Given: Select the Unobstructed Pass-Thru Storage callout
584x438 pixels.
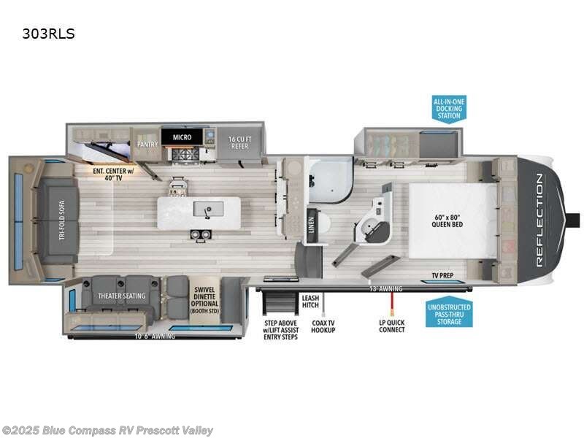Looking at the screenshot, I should [448, 313].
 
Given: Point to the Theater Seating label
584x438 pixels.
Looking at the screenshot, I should [122, 296].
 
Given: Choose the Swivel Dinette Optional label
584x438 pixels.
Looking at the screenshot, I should [202, 299].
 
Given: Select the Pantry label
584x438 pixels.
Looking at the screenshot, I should [147, 145].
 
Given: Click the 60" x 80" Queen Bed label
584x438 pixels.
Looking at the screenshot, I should [447, 220].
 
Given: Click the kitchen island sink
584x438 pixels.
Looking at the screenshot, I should [208, 210].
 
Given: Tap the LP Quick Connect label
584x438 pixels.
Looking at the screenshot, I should [392, 325].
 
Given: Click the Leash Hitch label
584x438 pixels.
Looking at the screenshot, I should [310, 301].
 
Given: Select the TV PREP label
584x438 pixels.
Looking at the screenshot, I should [441, 276].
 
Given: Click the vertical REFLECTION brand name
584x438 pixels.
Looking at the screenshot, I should [541, 219].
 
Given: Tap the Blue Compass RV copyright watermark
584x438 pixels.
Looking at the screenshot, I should [108, 430].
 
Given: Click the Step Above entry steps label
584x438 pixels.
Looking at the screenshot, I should [281, 329].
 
